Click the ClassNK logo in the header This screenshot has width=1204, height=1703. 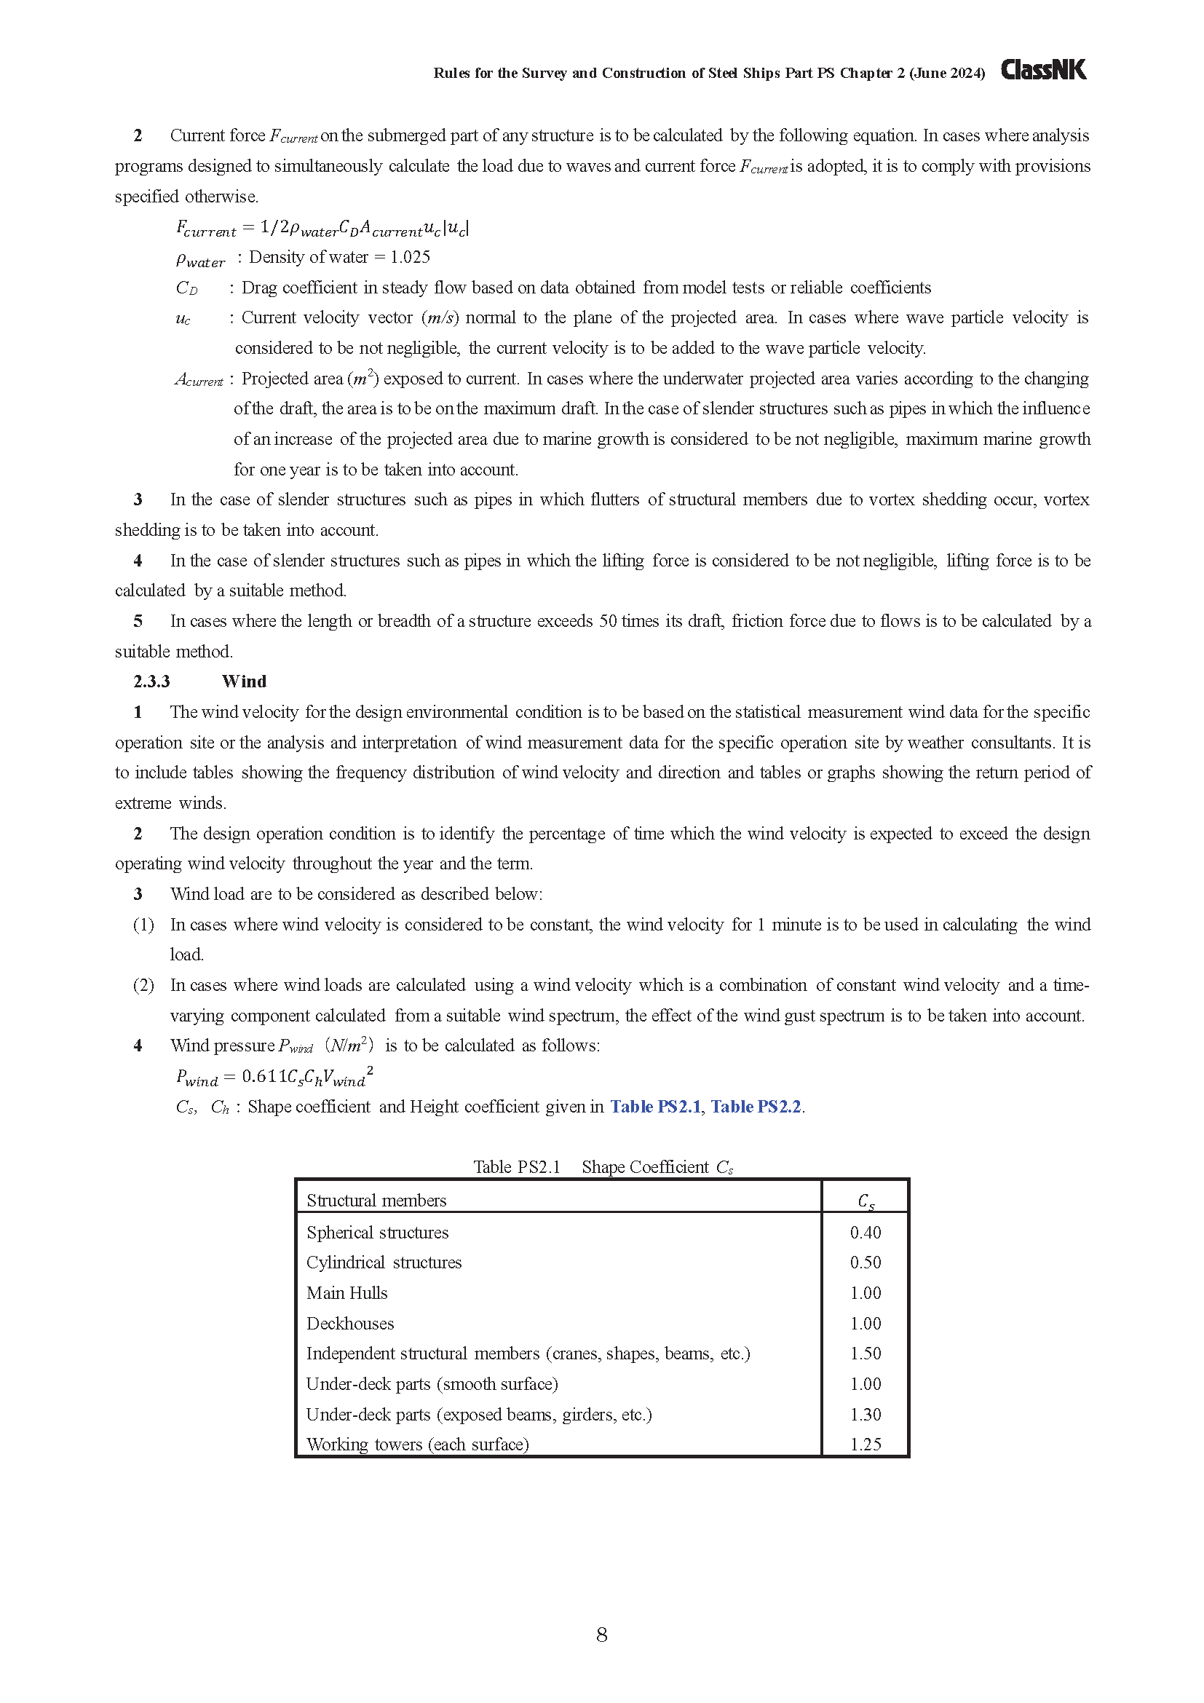point(1043,71)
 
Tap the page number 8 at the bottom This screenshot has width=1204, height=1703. point(601,1635)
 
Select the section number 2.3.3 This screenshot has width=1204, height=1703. point(152,681)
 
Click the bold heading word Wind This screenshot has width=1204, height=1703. point(244,681)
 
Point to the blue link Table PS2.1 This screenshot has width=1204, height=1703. point(655,1107)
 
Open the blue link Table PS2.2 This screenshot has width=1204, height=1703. point(756,1107)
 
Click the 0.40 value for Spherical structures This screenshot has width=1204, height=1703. point(866,1233)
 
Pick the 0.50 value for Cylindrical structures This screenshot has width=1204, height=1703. point(866,1263)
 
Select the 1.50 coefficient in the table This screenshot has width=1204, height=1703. point(866,1354)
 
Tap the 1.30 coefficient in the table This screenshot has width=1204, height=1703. point(866,1415)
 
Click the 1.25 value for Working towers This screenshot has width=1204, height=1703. point(866,1444)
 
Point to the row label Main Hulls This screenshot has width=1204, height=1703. point(347,1293)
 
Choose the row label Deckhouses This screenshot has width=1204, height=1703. point(350,1323)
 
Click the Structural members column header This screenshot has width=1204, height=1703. point(376,1201)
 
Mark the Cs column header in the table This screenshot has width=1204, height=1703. point(866,1201)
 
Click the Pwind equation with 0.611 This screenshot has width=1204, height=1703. point(274,1076)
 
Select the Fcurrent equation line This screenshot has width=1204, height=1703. point(322,228)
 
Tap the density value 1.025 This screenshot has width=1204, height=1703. point(410,257)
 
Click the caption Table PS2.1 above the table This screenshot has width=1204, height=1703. point(517,1166)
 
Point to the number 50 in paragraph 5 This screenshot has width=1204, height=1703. point(608,621)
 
